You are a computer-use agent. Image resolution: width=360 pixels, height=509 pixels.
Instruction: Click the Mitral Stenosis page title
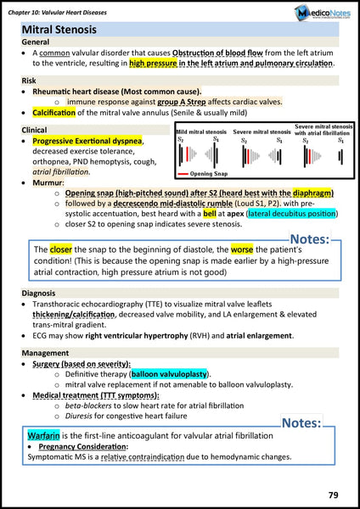coord(59,31)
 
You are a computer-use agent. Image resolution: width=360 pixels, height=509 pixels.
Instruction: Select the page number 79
coord(336,494)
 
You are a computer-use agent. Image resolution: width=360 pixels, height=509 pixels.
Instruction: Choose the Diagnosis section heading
coord(39,293)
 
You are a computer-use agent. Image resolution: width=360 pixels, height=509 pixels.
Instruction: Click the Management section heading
coord(45,352)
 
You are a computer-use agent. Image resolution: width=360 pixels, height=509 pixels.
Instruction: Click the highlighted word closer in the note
coord(60,250)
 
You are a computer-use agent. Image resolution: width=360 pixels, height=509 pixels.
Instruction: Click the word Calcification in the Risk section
coord(64,112)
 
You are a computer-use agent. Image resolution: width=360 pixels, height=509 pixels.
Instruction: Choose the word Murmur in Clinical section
coord(48,182)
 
